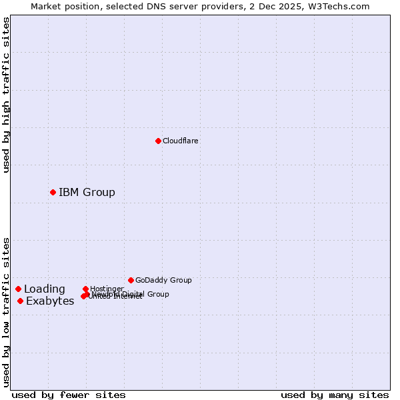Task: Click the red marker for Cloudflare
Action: coord(158,141)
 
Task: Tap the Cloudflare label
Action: coord(180,141)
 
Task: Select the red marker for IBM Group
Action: coord(53,193)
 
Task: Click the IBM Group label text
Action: coord(87,193)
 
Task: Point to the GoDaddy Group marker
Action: coord(131,280)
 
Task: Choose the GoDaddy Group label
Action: coord(163,280)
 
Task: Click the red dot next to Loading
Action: coord(18,289)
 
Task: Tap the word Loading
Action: coord(45,289)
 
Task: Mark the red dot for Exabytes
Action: coord(21,301)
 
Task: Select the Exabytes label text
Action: coord(50,301)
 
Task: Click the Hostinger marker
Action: coord(86,289)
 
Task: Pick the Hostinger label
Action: coord(107,289)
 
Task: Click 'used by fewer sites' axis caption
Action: coord(69,395)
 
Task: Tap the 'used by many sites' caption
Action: coord(335,395)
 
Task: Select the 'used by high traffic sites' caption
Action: coord(6,95)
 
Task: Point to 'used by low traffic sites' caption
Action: coord(6,312)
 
